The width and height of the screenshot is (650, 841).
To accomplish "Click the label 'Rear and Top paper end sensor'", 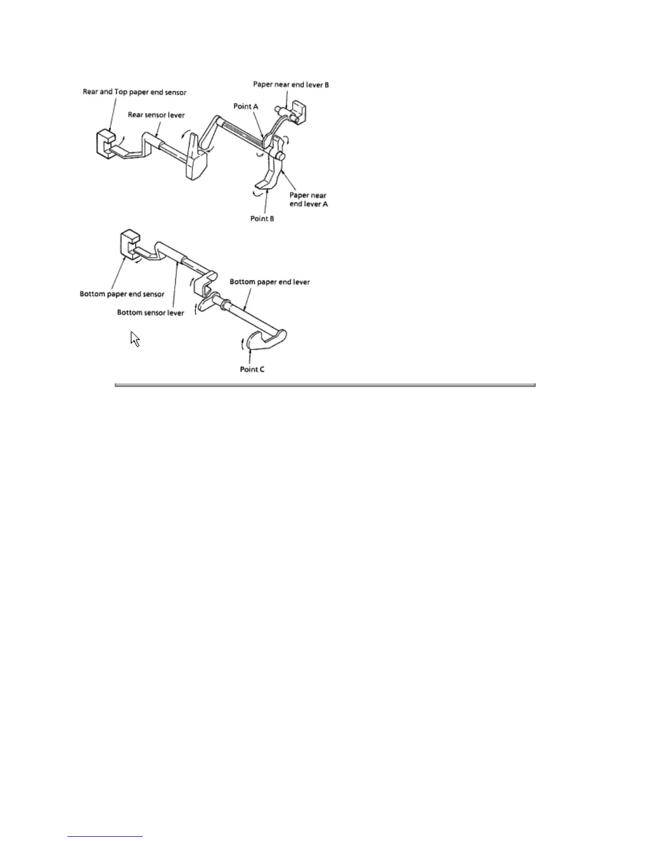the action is coord(134,92).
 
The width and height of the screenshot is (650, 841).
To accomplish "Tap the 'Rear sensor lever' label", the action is coord(156,115).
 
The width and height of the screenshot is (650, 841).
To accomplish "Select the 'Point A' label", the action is coord(245,106).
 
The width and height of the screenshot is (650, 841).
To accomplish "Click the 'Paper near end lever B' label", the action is coord(291,84).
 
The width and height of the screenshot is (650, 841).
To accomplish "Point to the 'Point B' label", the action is coord(262,219).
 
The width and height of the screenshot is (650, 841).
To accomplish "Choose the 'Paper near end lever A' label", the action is coord(308,200).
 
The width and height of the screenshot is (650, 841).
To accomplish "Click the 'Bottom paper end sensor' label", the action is coord(122,294).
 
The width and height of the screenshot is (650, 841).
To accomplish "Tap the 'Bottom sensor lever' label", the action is coord(151,313).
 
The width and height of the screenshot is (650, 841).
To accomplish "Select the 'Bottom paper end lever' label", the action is coord(270,281).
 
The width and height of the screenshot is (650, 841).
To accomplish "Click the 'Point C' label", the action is coord(252,369).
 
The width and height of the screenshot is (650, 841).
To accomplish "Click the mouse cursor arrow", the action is coord(135,339).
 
